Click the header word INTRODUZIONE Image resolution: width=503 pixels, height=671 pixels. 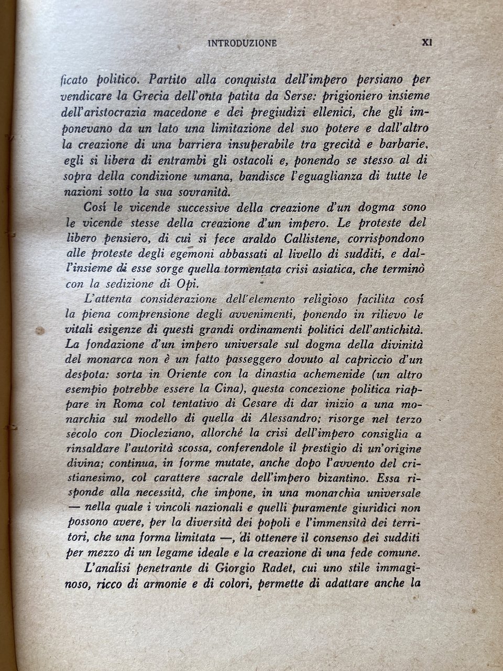click(242, 44)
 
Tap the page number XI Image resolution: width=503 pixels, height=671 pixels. click(426, 43)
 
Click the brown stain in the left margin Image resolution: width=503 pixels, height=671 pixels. click(39, 331)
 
